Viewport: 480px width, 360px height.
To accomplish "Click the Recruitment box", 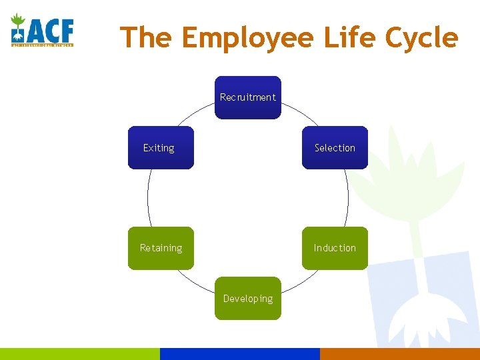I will (247, 97).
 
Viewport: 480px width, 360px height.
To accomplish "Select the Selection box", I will (335, 147).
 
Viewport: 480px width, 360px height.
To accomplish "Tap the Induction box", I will (335, 248).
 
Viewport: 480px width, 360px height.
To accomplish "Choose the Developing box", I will (247, 298).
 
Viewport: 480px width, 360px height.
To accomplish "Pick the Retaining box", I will (161, 248).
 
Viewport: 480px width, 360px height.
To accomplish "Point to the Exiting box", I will (161, 147).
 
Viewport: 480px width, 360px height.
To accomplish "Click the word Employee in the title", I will (247, 37).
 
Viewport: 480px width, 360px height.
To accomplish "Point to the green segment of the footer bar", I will (80, 353).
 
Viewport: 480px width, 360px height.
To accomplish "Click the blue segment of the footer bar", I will (240, 353).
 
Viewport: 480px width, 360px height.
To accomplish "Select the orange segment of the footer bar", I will (400, 353).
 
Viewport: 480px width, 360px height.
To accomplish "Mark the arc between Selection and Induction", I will (348, 198).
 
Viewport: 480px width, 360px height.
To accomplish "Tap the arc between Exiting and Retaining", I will (147, 198).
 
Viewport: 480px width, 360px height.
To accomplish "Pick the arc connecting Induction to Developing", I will (297, 285).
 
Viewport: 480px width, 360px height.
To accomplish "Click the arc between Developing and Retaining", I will (198, 285).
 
